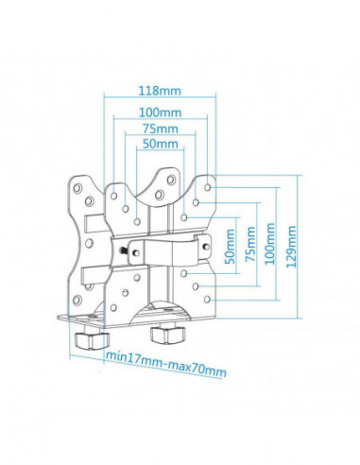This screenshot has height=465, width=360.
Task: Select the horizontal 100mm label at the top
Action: [x=160, y=112]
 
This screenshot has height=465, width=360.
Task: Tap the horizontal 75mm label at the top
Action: [x=160, y=129]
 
